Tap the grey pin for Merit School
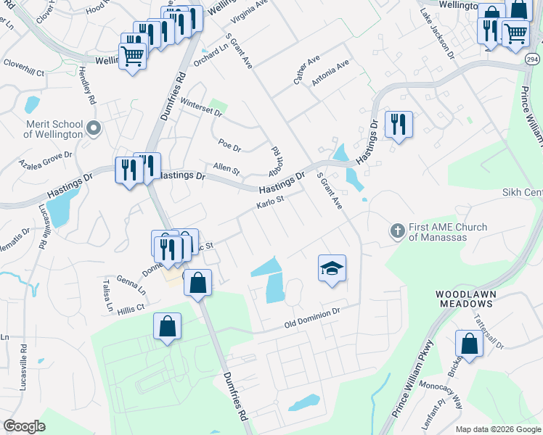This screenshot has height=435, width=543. tap(93, 128)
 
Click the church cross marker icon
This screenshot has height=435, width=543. tap(397, 231)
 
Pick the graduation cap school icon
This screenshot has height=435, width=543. tap(332, 268)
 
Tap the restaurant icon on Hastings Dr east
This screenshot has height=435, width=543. tap(398, 125)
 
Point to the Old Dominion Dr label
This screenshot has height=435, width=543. tap(312, 316)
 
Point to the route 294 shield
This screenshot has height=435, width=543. tap(532, 58)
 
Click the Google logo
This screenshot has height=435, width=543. tap(25, 426)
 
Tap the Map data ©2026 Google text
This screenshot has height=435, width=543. tap(497, 429)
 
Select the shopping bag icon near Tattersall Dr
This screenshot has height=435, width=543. tap(469, 344)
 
